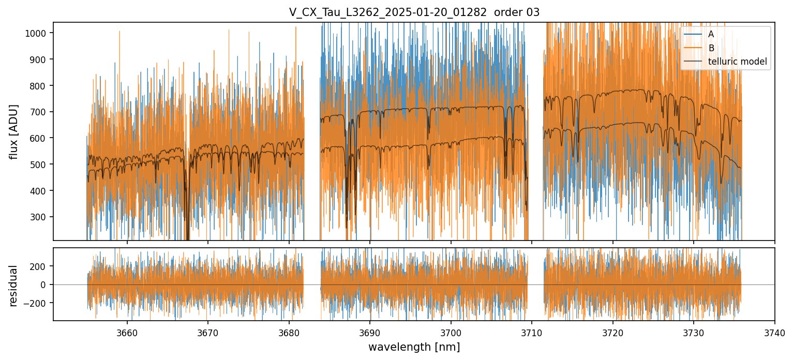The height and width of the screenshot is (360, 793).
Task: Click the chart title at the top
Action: click(x=414, y=12)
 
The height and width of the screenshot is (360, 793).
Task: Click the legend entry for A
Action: click(x=711, y=34)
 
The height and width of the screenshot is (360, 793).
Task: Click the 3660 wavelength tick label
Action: click(x=127, y=333)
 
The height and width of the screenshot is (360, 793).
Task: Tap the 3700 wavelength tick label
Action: click(x=451, y=333)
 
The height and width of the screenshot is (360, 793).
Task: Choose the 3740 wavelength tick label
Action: click(x=774, y=333)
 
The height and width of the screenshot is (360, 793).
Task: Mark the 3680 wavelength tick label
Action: click(x=289, y=333)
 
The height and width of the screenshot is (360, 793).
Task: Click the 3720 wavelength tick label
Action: click(x=612, y=333)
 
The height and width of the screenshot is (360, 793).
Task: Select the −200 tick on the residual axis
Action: click(x=39, y=303)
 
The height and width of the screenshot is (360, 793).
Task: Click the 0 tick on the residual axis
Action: click(x=46, y=285)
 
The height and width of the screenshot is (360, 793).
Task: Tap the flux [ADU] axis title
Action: click(x=14, y=131)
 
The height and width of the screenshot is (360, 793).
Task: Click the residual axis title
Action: click(x=14, y=285)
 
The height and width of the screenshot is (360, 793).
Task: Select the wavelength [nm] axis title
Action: click(x=414, y=347)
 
